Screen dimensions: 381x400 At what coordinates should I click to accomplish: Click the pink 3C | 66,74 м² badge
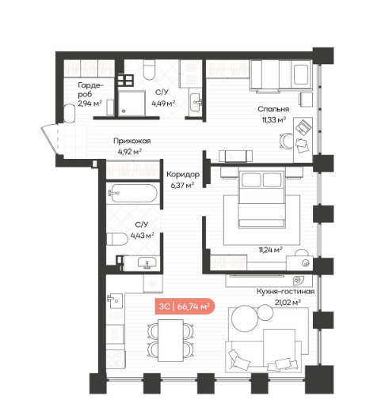(x=185, y=306)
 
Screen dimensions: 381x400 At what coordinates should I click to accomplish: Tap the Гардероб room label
(x=90, y=90)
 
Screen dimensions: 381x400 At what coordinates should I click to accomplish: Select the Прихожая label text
(x=132, y=141)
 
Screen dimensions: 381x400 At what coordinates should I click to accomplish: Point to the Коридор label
(x=183, y=175)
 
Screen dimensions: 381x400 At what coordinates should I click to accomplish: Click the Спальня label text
(x=273, y=109)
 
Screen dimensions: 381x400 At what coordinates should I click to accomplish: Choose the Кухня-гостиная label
(x=286, y=292)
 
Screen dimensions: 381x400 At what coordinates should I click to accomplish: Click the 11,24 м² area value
(x=271, y=250)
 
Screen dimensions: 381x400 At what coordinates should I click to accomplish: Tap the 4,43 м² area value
(x=143, y=236)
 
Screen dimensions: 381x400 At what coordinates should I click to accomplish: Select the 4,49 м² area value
(x=163, y=104)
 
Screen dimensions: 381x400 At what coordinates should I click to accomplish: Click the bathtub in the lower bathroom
(x=132, y=194)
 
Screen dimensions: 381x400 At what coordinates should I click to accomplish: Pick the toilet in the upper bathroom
(x=150, y=70)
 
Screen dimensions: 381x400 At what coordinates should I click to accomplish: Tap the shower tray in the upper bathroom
(x=131, y=104)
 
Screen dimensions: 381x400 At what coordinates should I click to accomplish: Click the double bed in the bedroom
(x=261, y=199)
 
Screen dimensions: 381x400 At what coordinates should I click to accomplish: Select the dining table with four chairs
(x=170, y=341)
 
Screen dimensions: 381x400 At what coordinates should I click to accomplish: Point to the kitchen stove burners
(x=115, y=360)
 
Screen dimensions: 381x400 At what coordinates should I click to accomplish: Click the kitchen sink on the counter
(x=115, y=300)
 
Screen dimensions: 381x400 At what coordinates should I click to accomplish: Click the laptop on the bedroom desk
(x=303, y=127)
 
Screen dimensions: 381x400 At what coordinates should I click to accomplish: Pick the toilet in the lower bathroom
(x=117, y=239)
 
